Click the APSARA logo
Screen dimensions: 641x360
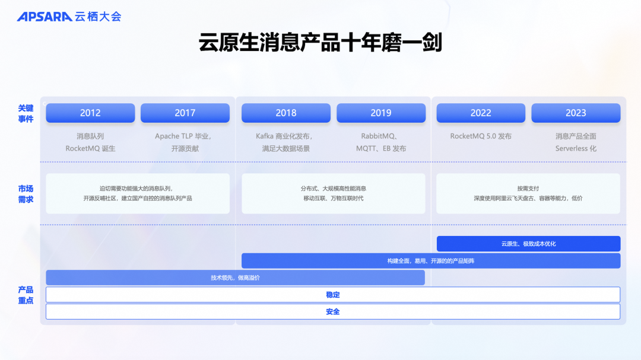(45, 17)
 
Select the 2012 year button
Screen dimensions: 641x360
(90, 113)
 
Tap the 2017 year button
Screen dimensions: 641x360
(185, 113)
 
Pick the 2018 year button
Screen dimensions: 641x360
(286, 113)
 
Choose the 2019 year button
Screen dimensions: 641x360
(381, 113)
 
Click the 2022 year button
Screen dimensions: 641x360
(481, 113)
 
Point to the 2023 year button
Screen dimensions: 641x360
(576, 113)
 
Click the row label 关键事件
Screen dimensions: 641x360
(26, 113)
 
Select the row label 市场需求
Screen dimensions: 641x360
(26, 194)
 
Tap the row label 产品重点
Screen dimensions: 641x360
(26, 295)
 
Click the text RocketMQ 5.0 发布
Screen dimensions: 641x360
(481, 136)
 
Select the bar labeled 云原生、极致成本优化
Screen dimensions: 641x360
(528, 244)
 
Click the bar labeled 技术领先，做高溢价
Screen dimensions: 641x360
(235, 278)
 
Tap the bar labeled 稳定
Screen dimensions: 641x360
(332, 295)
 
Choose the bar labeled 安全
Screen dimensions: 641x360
(332, 311)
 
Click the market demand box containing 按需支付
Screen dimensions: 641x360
(528, 193)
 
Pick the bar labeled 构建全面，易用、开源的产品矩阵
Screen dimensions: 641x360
(430, 261)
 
